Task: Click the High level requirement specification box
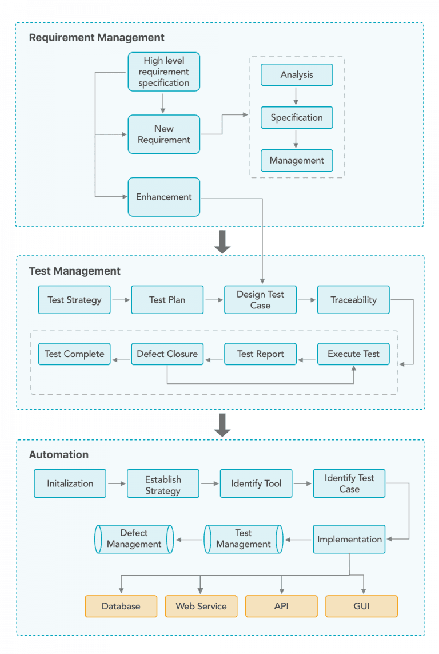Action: click(163, 72)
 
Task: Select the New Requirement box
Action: click(163, 134)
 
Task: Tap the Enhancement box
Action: click(163, 197)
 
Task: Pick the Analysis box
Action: click(297, 75)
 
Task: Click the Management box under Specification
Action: click(297, 161)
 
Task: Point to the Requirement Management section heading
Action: click(97, 38)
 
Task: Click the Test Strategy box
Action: click(74, 300)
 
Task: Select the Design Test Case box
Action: click(260, 300)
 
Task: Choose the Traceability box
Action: click(353, 300)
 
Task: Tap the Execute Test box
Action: click(353, 354)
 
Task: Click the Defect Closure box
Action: click(167, 354)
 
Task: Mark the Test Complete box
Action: click(74, 354)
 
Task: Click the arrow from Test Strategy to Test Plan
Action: click(120, 300)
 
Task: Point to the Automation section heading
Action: click(59, 455)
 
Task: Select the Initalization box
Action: click(70, 483)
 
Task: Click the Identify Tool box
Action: click(256, 483)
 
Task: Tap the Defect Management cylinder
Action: click(134, 539)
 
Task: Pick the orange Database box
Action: click(121, 607)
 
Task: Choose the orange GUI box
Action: click(361, 607)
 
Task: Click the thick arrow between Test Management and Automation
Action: click(222, 424)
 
